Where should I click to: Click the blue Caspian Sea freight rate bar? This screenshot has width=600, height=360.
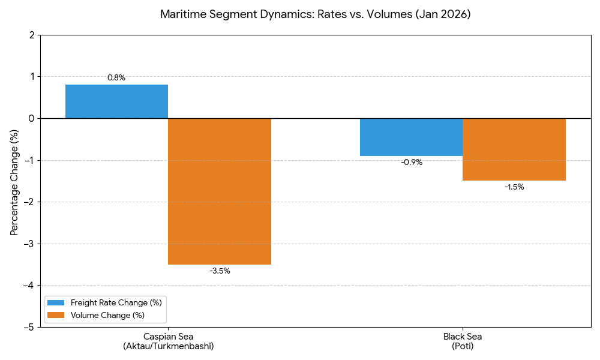(116, 101)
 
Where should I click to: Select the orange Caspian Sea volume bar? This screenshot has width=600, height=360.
(220, 191)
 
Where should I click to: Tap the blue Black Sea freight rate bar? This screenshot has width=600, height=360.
(411, 137)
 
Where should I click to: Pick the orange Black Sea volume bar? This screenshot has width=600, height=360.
(514, 149)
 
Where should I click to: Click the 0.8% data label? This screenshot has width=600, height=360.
(116, 77)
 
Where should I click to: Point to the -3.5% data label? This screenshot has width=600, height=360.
(220, 271)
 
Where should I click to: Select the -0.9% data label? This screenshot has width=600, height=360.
(412, 162)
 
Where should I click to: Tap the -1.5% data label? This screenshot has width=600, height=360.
(514, 187)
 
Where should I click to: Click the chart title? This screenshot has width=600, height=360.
(315, 14)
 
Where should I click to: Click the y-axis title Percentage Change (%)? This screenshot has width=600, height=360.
(14, 181)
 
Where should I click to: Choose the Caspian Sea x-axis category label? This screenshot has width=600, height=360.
(168, 341)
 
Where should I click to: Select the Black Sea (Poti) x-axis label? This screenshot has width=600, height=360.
(463, 341)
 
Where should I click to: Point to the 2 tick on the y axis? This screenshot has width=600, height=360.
(31, 35)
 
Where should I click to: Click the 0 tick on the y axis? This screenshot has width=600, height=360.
(31, 118)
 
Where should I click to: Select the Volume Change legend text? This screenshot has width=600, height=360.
(107, 315)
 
